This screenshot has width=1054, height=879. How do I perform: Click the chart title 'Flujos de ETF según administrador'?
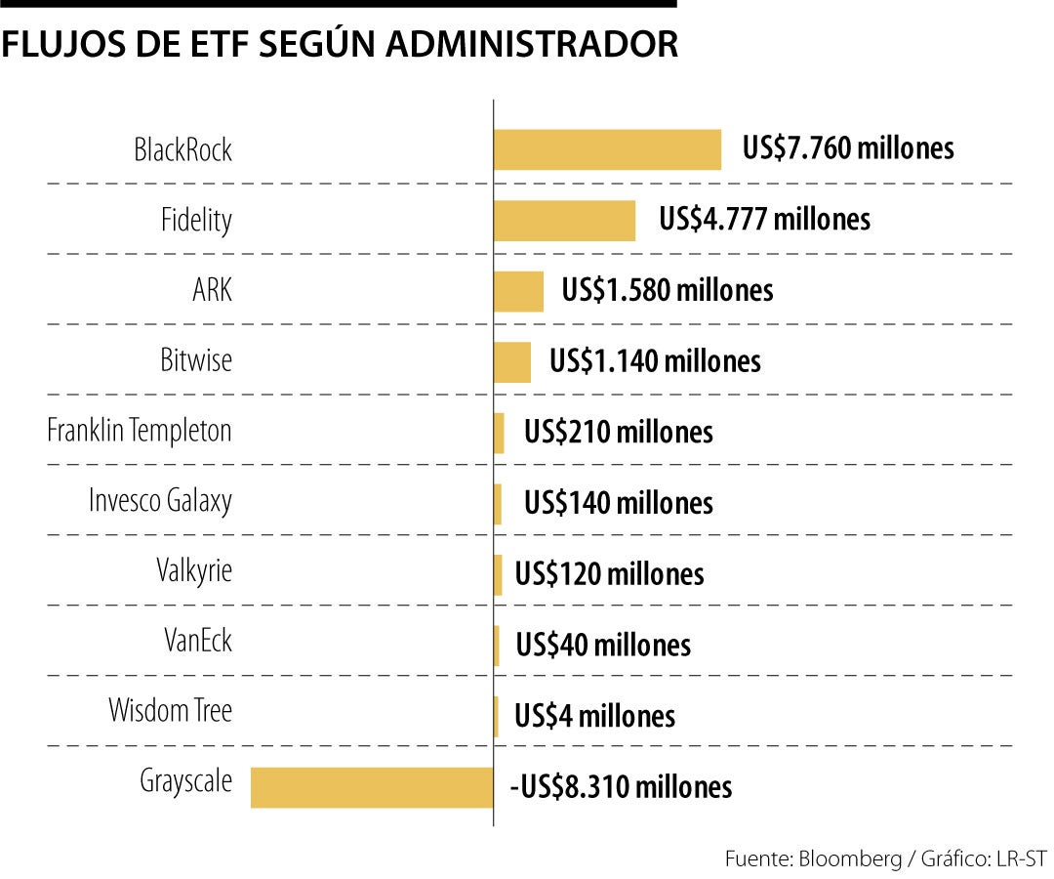340,45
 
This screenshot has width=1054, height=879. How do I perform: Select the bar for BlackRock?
607,149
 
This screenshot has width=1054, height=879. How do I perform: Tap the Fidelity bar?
564,220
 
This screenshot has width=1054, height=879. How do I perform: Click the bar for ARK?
518,291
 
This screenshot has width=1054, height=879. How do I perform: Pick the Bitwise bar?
512,361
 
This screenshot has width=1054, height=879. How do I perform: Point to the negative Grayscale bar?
372,787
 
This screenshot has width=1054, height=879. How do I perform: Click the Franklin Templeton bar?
500,433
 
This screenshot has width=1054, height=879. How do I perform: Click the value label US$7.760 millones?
847,148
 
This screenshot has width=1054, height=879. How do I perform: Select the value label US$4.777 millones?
764,219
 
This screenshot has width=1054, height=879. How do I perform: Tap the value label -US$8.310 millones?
620,787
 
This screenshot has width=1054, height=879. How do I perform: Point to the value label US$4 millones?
594,716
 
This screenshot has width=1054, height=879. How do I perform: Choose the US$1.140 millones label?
655,361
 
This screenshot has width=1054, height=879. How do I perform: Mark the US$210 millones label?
618,432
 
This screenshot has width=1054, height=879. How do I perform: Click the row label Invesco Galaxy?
160,501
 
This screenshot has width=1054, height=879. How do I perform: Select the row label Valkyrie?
194,570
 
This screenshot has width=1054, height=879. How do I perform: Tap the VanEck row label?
198,642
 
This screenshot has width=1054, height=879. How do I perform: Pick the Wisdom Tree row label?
170,710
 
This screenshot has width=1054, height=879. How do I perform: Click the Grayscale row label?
185,782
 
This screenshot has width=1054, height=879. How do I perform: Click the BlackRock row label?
182,150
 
